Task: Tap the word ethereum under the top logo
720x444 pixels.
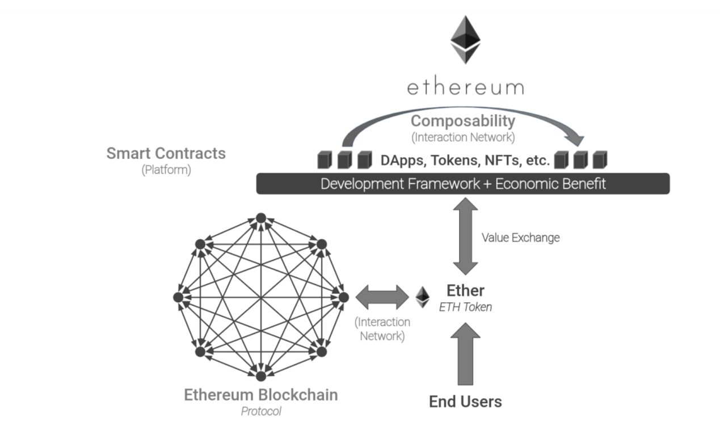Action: pyautogui.click(x=465, y=87)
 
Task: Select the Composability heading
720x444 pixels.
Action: pyautogui.click(x=463, y=121)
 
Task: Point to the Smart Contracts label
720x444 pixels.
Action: pyautogui.click(x=166, y=153)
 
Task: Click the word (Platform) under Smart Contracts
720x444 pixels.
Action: pyautogui.click(x=166, y=169)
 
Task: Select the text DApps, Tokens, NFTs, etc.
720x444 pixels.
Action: pyautogui.click(x=464, y=160)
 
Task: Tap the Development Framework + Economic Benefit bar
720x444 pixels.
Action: pyautogui.click(x=463, y=184)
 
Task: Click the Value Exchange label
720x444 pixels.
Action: pyautogui.click(x=520, y=238)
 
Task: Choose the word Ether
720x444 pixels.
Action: pyautogui.click(x=465, y=290)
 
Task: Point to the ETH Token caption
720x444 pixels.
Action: pyautogui.click(x=465, y=307)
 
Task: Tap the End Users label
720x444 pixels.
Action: pyautogui.click(x=465, y=401)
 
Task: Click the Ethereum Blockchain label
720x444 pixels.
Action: pyautogui.click(x=260, y=395)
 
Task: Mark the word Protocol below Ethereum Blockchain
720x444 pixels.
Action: pyautogui.click(x=260, y=411)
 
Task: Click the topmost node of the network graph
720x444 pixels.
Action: pyautogui.click(x=261, y=218)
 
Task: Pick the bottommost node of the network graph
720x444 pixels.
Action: pyautogui.click(x=261, y=375)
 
